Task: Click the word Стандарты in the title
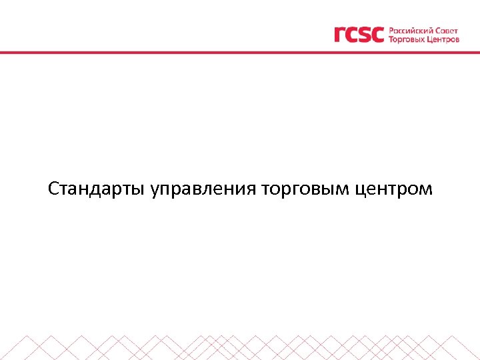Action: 97,189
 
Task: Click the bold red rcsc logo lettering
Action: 359,34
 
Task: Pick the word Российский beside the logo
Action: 411,30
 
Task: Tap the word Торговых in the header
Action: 409,39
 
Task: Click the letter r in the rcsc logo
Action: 340,35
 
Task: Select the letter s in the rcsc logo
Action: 365,35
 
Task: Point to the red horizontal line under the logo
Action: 240,52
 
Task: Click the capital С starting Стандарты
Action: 53,189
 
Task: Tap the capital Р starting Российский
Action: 391,30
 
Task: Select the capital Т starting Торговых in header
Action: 391,39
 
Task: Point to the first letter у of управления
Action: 155,191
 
